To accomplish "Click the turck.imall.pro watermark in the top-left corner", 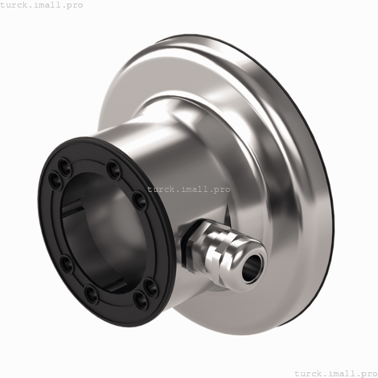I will click(x=42, y=5).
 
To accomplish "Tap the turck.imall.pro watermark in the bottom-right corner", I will click(x=336, y=373).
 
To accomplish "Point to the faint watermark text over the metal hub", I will click(x=188, y=189).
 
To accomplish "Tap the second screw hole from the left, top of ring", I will click(x=68, y=168).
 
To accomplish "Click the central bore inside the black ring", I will click(x=104, y=232).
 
